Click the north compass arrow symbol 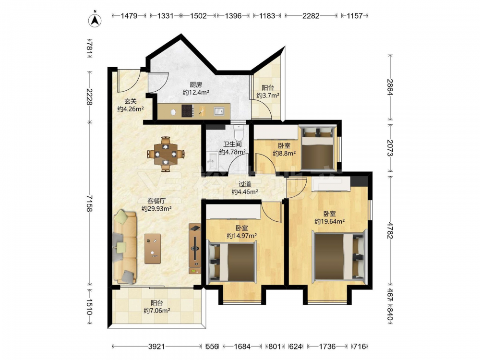click(x=95, y=20)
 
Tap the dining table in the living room click(x=166, y=154)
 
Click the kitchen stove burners click(x=187, y=111)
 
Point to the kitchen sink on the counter click(x=219, y=111)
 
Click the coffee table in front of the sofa click(x=153, y=248)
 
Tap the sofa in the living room click(x=125, y=247)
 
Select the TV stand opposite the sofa click(x=195, y=249)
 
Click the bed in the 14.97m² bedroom click(x=232, y=262)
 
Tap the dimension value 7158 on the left click(x=89, y=203)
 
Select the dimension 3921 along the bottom click(x=156, y=347)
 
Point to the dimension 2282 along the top click(x=311, y=15)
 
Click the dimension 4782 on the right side click(x=390, y=230)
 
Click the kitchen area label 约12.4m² click(x=196, y=92)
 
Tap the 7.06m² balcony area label click(x=157, y=311)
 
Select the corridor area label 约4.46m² click(x=245, y=192)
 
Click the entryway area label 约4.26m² click(x=131, y=108)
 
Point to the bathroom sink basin click(x=211, y=159)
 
